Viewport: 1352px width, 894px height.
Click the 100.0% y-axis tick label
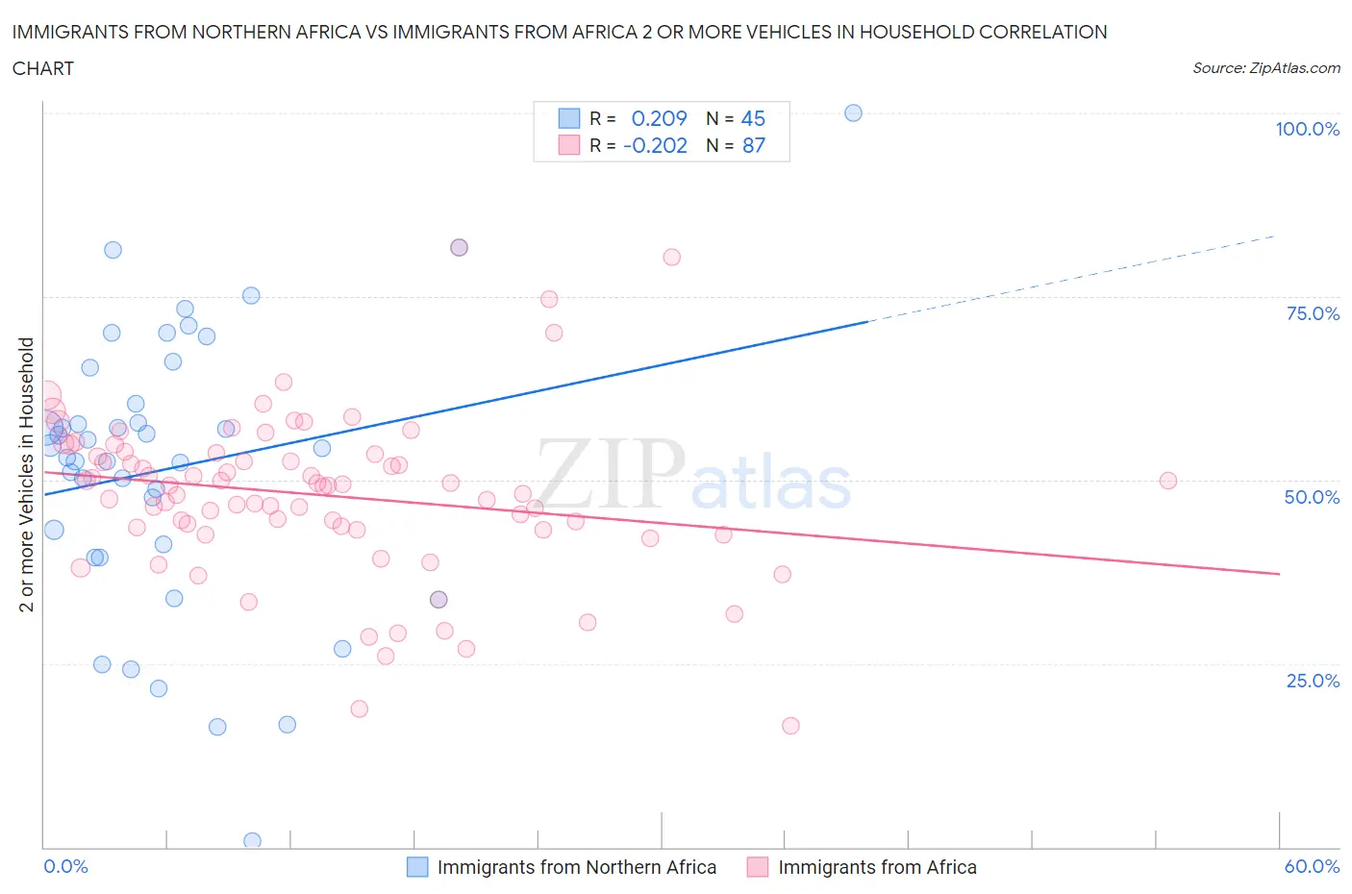(x=1307, y=129)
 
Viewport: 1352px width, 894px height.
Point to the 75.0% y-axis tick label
(x=1313, y=313)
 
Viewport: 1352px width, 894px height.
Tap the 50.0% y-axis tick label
(x=1312, y=497)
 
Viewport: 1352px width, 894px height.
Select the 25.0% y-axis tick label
(x=1313, y=681)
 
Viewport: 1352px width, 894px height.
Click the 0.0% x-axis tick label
(x=65, y=866)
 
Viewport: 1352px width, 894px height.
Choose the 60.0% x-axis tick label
(x=1312, y=866)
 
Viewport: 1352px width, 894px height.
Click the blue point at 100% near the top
(x=853, y=112)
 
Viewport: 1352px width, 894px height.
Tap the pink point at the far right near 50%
(x=1168, y=481)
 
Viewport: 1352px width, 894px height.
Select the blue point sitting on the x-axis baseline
(x=253, y=840)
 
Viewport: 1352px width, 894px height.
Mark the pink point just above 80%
(x=672, y=257)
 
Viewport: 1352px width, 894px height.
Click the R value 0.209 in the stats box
(x=659, y=118)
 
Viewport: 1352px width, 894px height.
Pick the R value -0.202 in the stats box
(x=655, y=145)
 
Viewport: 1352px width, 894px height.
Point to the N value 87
(x=753, y=145)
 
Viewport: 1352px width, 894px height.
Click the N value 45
(x=753, y=118)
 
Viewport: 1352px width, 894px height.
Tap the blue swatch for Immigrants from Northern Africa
(x=417, y=867)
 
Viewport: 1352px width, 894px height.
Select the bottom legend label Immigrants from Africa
(x=877, y=867)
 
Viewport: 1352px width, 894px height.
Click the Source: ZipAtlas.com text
(x=1265, y=67)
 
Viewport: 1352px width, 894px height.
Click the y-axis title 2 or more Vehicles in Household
(x=27, y=475)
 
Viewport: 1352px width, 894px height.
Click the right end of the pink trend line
(x=1279, y=573)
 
